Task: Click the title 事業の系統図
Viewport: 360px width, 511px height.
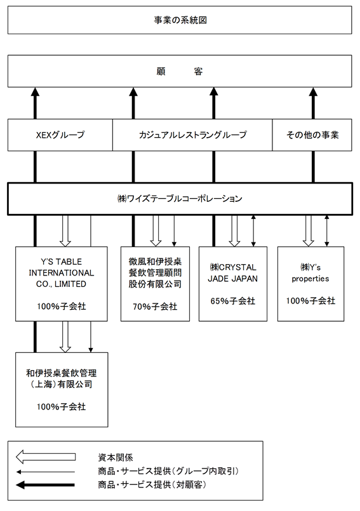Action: pyautogui.click(x=180, y=20)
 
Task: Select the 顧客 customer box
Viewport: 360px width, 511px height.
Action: pyautogui.click(x=180, y=71)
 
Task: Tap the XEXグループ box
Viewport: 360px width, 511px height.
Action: pyautogui.click(x=60, y=135)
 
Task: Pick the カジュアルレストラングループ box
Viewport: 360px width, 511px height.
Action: pyautogui.click(x=192, y=135)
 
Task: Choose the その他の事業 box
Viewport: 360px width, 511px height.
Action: pyautogui.click(x=312, y=135)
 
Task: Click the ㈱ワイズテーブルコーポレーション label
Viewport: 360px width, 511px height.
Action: pyautogui.click(x=180, y=199)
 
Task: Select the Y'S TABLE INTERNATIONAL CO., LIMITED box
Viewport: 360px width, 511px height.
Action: pyautogui.click(x=62, y=284)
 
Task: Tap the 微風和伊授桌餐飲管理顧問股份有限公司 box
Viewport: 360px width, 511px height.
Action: pyautogui.click(x=155, y=284)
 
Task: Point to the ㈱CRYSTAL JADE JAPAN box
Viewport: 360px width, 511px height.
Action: pyautogui.click(x=233, y=284)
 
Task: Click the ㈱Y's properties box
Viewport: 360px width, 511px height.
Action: pyautogui.click(x=310, y=284)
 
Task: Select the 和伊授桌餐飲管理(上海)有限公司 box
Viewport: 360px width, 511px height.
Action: pyautogui.click(x=62, y=390)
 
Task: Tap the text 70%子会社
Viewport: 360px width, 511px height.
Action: pyautogui.click(x=155, y=307)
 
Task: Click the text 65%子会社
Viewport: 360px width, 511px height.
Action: pyautogui.click(x=233, y=301)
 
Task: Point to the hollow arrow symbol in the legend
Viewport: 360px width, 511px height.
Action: pyautogui.click(x=46, y=457)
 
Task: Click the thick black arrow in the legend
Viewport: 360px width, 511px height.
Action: pyautogui.click(x=46, y=485)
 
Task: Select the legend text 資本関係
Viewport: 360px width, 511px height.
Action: pyautogui.click(x=116, y=458)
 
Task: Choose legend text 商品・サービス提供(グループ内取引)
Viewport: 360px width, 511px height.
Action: pyautogui.click(x=168, y=471)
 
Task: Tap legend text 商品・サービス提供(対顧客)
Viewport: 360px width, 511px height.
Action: pyautogui.click(x=152, y=484)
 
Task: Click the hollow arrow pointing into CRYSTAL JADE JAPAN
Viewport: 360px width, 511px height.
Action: pyautogui.click(x=234, y=230)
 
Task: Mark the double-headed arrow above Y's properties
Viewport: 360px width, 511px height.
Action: pyautogui.click(x=327, y=230)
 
